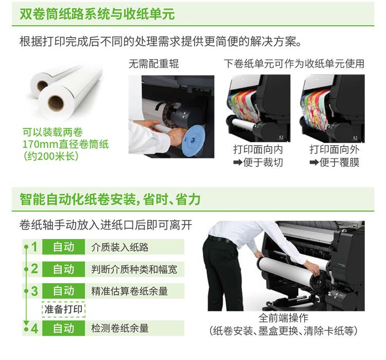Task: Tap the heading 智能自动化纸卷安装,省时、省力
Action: tap(110, 199)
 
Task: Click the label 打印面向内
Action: tap(258, 149)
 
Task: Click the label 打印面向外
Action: tap(334, 149)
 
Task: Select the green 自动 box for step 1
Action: tap(64, 247)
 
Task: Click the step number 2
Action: tap(34, 269)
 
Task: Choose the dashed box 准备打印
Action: tap(63, 309)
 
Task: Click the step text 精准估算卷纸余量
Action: tap(129, 291)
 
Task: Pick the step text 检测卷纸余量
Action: tap(119, 328)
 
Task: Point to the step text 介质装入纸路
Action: tap(119, 247)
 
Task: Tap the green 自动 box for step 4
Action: tap(64, 328)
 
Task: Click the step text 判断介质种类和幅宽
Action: tap(134, 269)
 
